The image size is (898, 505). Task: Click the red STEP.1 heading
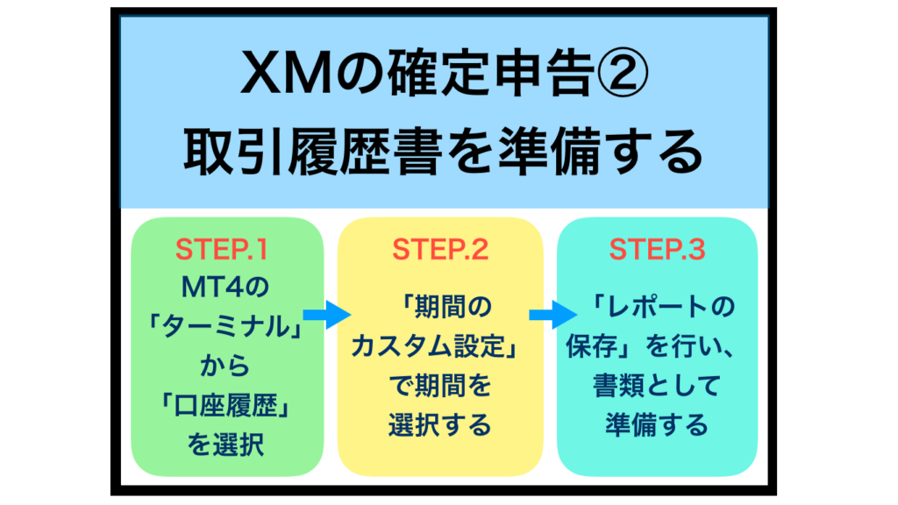click(221, 250)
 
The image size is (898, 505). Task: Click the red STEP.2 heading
click(440, 250)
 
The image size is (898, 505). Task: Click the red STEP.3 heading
click(657, 250)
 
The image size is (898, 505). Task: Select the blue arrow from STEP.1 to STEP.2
click(326, 315)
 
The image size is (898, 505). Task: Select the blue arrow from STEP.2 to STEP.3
click(553, 315)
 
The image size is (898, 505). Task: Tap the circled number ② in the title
click(622, 74)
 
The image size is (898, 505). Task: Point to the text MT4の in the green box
click(224, 288)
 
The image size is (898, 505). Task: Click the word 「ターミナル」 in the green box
click(224, 327)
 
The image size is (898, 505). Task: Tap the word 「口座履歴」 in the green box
click(224, 406)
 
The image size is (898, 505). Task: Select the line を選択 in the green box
click(225, 445)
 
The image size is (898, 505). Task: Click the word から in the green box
click(224, 366)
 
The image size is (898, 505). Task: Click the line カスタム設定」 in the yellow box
click(435, 346)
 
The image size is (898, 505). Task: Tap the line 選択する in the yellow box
click(440, 425)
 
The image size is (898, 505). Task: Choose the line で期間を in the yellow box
click(440, 386)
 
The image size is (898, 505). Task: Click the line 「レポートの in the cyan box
click(663, 307)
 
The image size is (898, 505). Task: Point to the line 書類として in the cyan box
click(657, 386)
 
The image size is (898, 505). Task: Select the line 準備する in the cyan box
click(657, 425)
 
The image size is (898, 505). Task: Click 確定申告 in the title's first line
click(491, 74)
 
